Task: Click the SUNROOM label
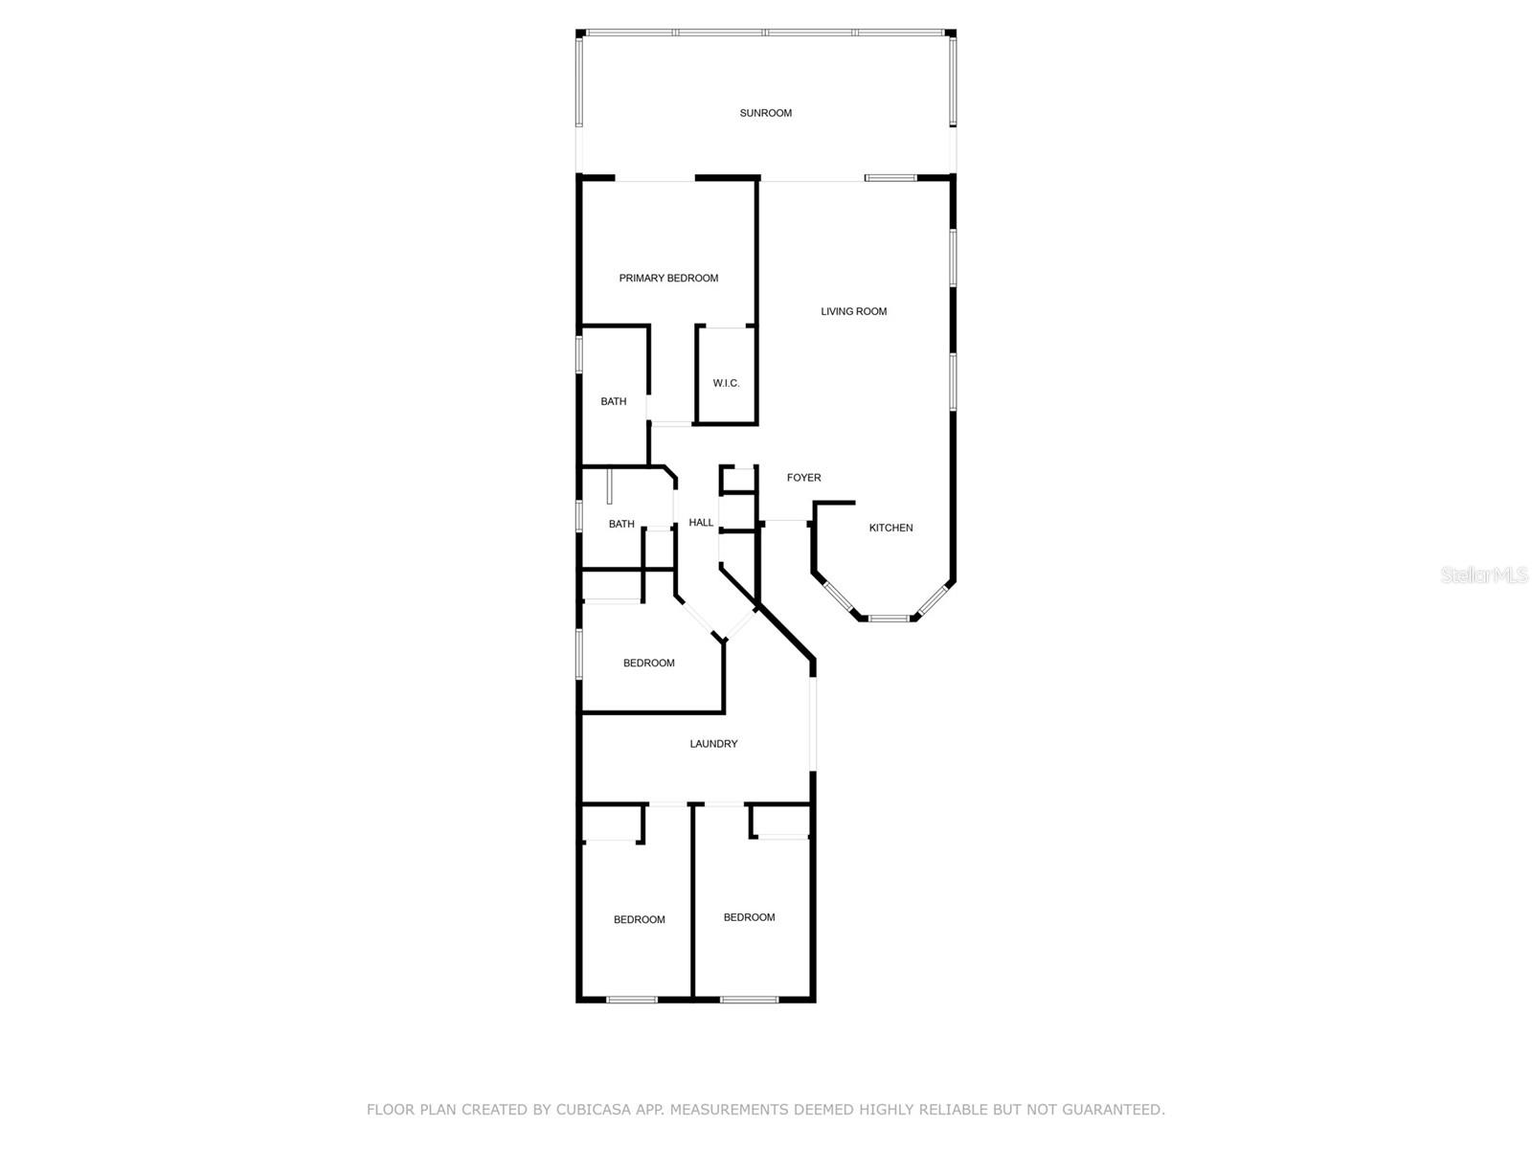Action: coord(765,113)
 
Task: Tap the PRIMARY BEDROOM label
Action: coord(668,279)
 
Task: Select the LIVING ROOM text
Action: coord(853,311)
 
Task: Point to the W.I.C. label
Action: coord(726,384)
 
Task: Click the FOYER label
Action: coord(803,478)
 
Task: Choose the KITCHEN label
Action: coord(890,528)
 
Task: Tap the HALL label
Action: coord(701,523)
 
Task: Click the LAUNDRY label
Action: coord(713,744)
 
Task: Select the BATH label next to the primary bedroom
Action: coord(614,402)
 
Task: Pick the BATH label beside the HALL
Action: coord(621,525)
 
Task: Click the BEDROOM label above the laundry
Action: coord(648,664)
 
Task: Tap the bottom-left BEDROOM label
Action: coord(639,920)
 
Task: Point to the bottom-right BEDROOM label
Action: coord(749,917)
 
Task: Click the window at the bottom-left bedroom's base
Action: coord(632,1000)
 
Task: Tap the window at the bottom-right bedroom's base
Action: coord(749,1000)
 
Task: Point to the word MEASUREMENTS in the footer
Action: coord(730,1110)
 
